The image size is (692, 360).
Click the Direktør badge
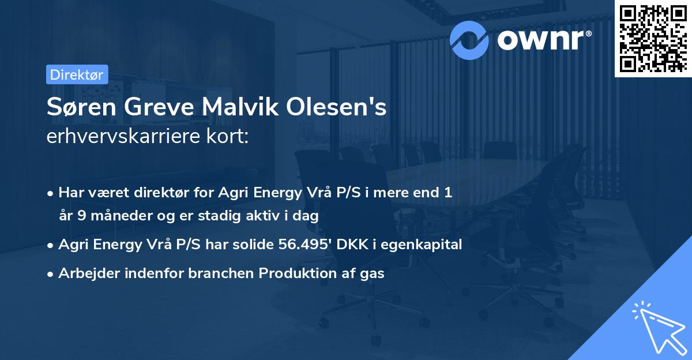pos(76,74)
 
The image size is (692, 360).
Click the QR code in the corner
pos(653,38)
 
